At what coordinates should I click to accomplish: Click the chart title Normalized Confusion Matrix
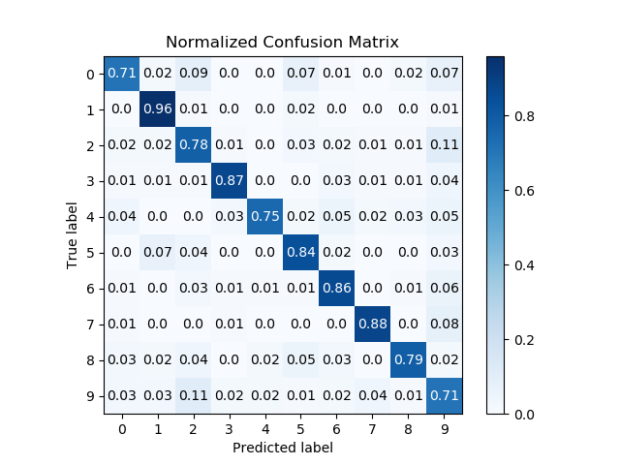coord(282,43)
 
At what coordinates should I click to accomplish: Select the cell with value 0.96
coord(157,109)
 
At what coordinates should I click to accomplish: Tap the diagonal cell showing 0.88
coord(371,325)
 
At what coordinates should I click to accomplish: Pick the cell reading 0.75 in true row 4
coord(264,217)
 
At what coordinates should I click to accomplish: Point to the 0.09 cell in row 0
coord(193,74)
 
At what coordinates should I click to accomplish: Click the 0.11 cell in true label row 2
coord(443,145)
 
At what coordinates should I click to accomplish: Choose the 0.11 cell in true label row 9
coord(193,396)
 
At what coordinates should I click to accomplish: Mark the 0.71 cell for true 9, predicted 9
coord(443,396)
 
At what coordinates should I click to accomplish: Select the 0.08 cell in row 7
coord(443,325)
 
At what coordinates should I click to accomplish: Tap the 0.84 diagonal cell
coord(300,253)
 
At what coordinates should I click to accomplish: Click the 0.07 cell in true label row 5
coord(157,253)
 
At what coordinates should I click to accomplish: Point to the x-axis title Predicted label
coord(282,448)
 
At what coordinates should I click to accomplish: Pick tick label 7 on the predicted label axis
coord(371,428)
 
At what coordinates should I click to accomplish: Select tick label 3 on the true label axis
coord(90,181)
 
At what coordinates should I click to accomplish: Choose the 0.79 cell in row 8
coord(407,360)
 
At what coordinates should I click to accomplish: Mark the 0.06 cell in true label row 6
coord(443,289)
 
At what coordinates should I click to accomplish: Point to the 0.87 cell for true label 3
coord(229,181)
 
